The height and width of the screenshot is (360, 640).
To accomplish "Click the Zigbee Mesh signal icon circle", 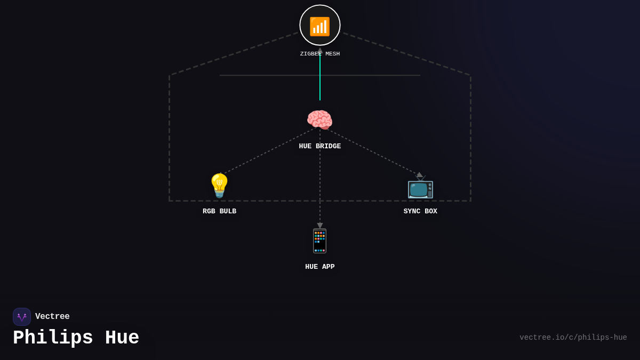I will tap(320, 25).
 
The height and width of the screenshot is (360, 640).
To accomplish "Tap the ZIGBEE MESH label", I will tap(320, 54).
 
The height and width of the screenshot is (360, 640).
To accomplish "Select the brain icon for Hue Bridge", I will tap(319, 120).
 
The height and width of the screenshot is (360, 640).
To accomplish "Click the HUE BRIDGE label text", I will tap(320, 146).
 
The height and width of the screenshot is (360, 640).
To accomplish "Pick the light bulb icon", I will tap(219, 186).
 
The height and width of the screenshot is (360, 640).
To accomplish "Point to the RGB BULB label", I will tap(219, 211).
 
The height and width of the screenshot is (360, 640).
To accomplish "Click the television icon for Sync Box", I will tap(420, 188).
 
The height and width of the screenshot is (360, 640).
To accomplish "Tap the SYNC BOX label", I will tap(420, 211).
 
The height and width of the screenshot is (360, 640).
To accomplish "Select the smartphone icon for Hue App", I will tap(320, 241).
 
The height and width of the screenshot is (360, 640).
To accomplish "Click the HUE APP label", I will tap(320, 267).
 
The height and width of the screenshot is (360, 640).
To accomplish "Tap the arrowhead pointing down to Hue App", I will tap(320, 226).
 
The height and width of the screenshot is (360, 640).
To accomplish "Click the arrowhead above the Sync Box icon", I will tap(419, 174).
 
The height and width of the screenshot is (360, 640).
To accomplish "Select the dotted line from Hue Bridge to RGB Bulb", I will tap(269, 150).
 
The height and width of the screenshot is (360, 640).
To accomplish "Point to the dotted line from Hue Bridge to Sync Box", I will tap(371, 151).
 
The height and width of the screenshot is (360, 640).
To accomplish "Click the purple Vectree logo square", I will tap(22, 317).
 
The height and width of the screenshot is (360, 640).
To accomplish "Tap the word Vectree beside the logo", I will tap(52, 317).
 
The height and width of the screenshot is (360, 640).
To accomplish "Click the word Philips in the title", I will tap(53, 338).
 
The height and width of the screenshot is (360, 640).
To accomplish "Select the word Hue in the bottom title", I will tap(122, 338).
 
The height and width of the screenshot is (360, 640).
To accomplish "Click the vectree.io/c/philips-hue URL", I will tap(573, 338).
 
